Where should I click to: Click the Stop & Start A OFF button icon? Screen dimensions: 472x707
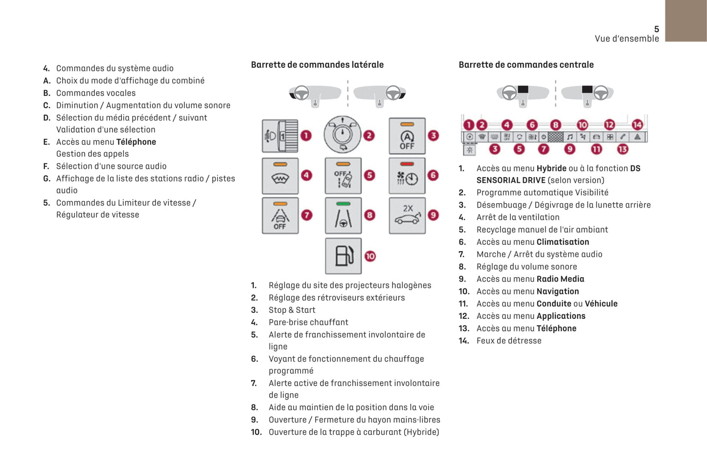click(407, 136)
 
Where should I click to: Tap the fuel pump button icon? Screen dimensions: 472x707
click(343, 256)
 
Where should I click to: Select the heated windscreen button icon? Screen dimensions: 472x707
click(280, 176)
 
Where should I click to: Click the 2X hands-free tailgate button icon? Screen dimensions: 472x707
click(407, 215)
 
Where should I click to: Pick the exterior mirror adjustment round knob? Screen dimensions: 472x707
click(342, 135)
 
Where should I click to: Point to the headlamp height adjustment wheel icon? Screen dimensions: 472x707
click(280, 136)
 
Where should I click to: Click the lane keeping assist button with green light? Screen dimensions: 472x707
click(343, 215)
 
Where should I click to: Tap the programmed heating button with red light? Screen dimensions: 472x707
click(407, 176)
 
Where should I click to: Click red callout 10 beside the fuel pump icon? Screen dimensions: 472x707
click(370, 256)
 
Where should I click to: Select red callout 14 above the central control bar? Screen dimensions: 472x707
click(637, 125)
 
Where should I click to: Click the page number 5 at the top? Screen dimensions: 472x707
click(656, 29)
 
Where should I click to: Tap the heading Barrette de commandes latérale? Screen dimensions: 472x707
click(317, 65)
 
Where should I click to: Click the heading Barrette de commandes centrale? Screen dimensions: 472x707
click(526, 65)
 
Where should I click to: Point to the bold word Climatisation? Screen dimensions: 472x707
click(563, 242)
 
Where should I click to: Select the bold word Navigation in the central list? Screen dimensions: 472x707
click(557, 291)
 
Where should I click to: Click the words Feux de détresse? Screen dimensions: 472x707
click(509, 341)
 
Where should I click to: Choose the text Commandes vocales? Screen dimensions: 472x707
click(96, 93)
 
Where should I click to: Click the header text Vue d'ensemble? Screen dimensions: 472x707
click(627, 39)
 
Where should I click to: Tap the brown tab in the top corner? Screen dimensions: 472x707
click(685, 21)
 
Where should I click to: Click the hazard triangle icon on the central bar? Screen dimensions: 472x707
click(637, 137)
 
